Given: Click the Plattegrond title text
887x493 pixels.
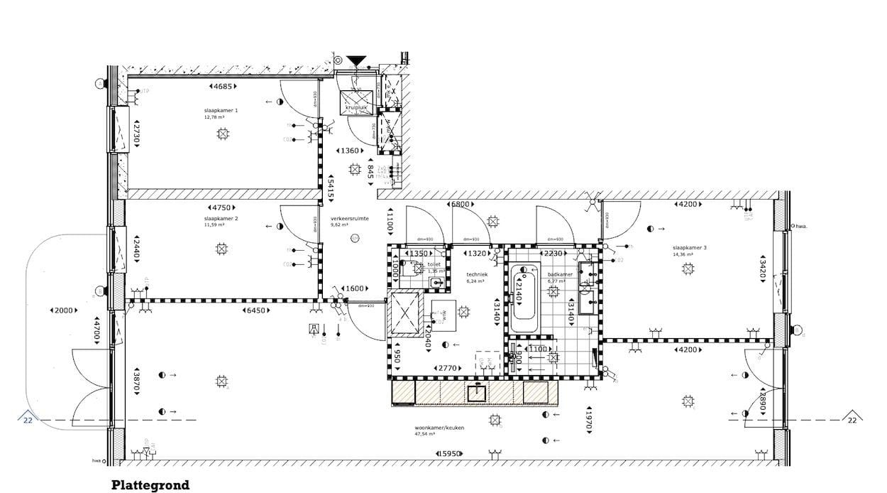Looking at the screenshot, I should (x=150, y=486).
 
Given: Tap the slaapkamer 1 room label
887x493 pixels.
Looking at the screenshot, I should (x=221, y=111).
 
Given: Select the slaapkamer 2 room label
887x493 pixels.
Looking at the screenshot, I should (x=221, y=219).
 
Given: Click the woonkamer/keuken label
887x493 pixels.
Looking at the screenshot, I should (x=434, y=428).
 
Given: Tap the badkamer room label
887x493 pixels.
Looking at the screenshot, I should (x=560, y=273).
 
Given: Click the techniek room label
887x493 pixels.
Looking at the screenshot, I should (x=476, y=273).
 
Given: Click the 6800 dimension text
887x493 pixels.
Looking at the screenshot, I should (x=461, y=205).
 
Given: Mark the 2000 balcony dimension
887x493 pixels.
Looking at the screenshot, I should (x=63, y=311).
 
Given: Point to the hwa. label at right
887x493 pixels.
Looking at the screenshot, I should (x=802, y=227).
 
